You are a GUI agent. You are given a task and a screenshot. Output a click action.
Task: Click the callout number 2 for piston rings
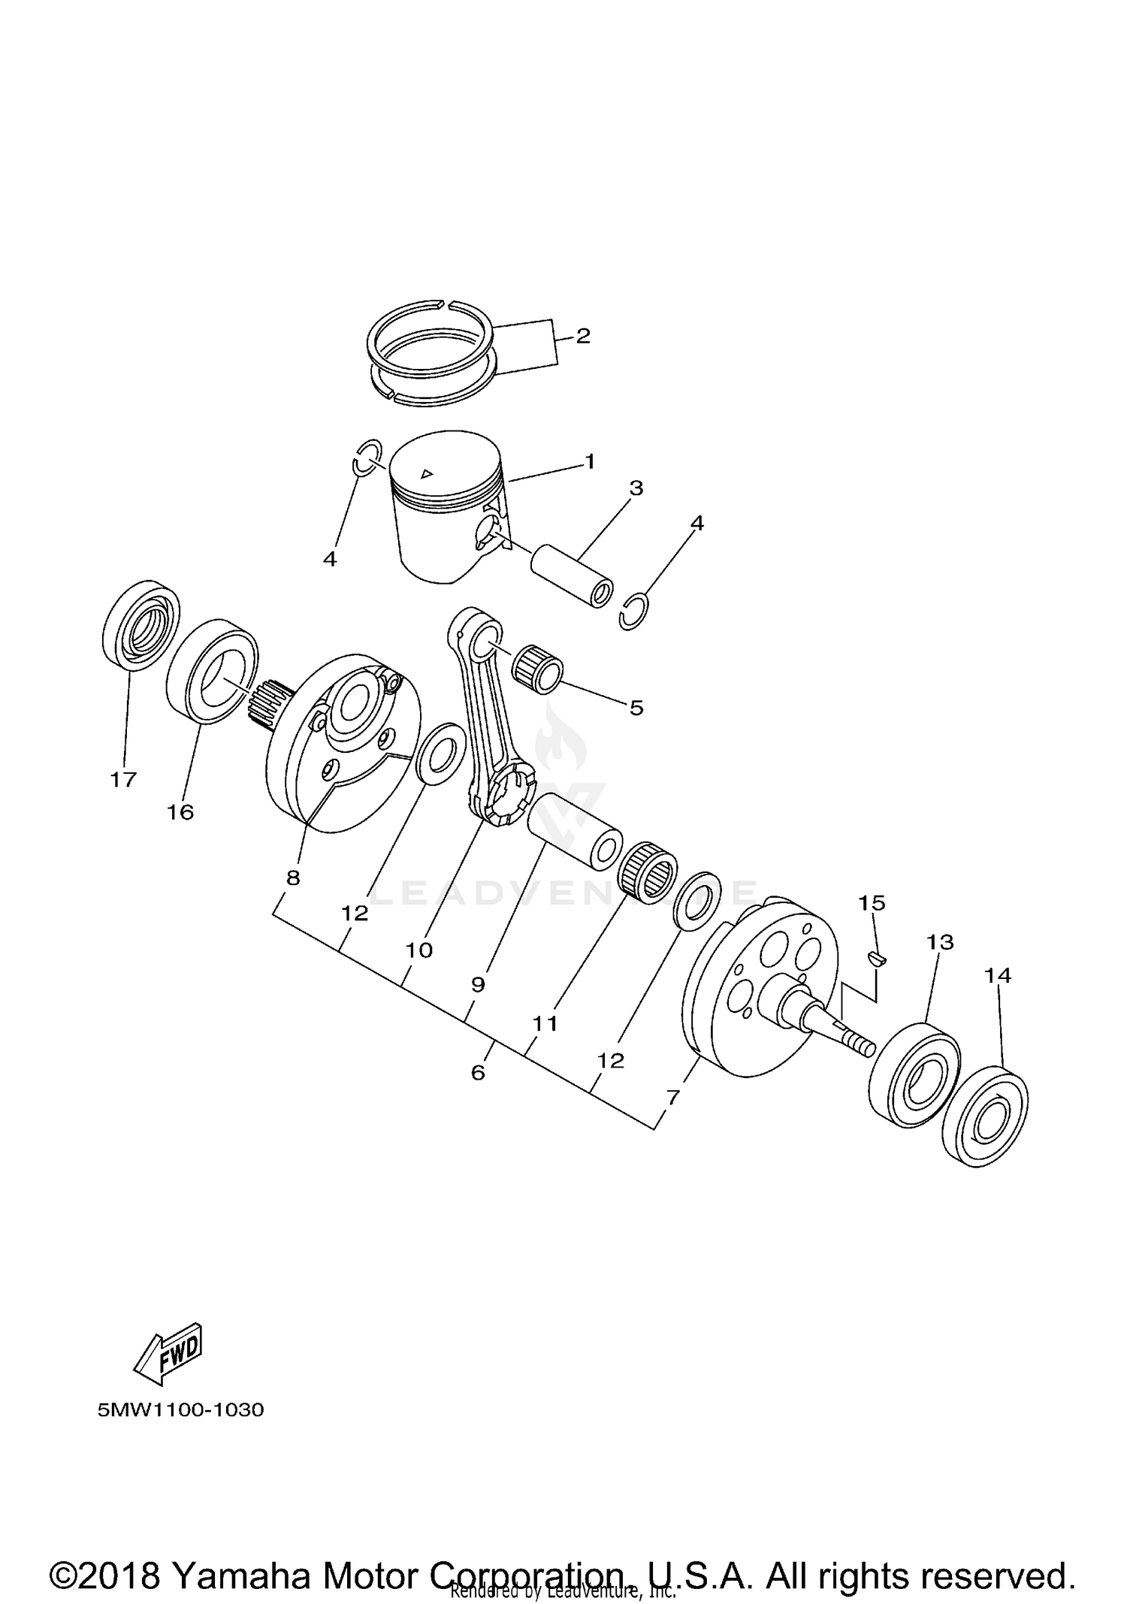pyautogui.click(x=583, y=336)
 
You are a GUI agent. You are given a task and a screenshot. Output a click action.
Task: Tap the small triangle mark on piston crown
pyautogui.click(x=427, y=473)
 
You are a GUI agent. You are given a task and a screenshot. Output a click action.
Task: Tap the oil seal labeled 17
pyautogui.click(x=140, y=624)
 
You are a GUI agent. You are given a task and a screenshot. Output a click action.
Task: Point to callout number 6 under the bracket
pyautogui.click(x=478, y=1073)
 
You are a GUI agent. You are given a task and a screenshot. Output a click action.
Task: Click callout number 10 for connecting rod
pyautogui.click(x=419, y=950)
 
